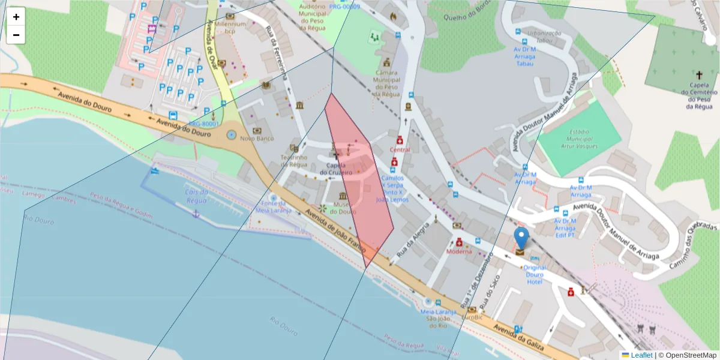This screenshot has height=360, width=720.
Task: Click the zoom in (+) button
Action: (16, 17)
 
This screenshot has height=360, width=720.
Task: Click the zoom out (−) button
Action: (16, 35)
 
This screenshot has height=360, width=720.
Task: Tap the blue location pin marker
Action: (522, 238)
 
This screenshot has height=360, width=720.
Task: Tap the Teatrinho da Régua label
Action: (294, 161)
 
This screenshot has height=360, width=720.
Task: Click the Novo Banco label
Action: (257, 139)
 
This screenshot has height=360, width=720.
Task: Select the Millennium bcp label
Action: (230, 27)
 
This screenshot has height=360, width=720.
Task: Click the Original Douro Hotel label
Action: (535, 274)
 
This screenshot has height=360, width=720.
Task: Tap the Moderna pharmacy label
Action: (459, 251)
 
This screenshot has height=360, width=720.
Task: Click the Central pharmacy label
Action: (400, 149)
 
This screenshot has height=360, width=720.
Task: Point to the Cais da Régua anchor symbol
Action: (194, 214)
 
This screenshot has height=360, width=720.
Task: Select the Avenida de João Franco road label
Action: (334, 229)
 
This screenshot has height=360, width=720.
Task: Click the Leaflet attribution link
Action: (641, 355)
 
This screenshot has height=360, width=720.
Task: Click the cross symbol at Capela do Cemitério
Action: (699, 75)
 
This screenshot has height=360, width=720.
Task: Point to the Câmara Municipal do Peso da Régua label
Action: (386, 79)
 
